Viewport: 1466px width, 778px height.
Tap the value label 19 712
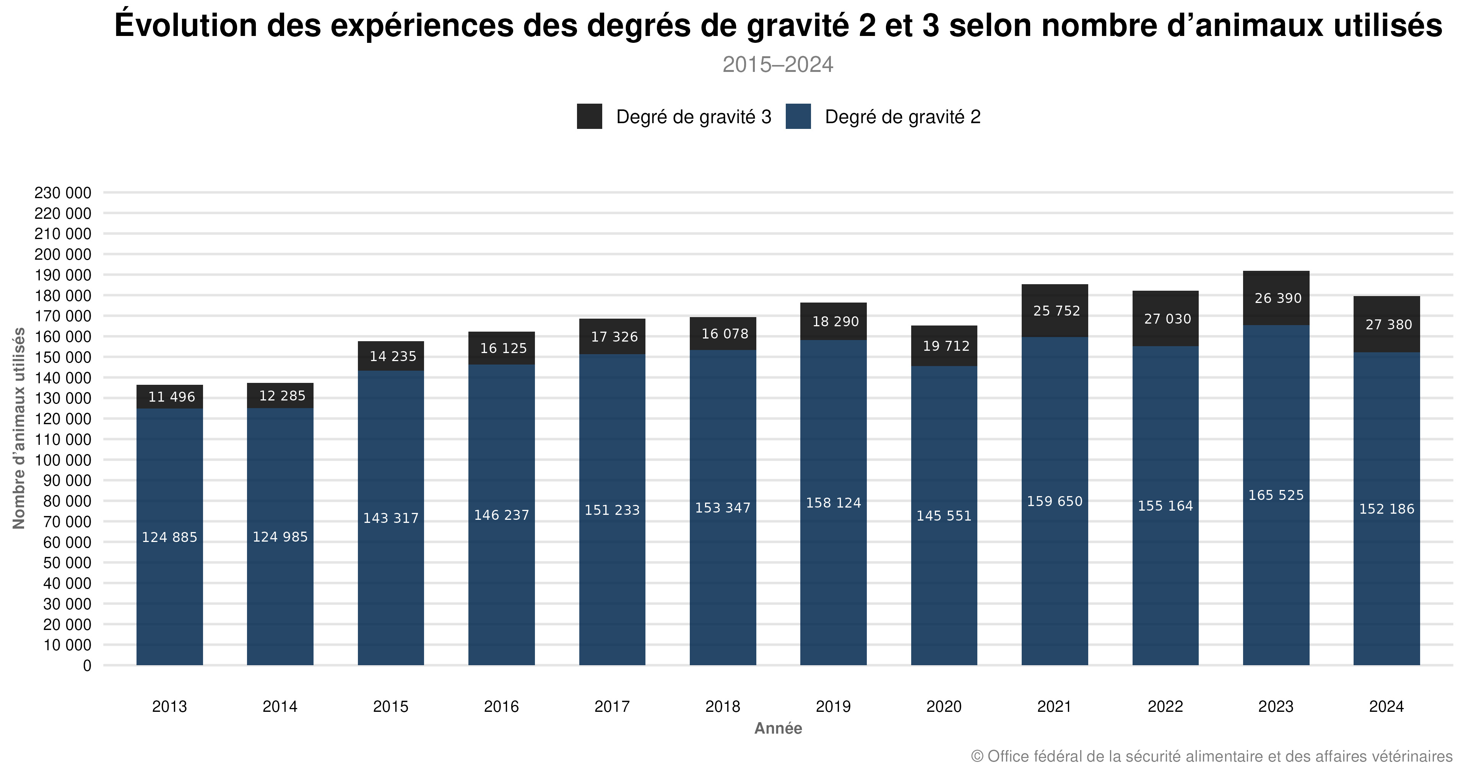pos(946,346)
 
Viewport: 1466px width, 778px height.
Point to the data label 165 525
pos(1276,495)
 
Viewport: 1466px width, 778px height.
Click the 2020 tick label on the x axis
pos(944,706)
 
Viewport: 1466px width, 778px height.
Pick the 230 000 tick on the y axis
pos(63,193)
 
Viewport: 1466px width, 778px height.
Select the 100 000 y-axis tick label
pos(63,460)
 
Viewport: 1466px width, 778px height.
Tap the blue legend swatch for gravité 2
pos(798,116)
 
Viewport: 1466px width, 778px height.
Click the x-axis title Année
pos(778,729)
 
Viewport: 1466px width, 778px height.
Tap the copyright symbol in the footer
pos(977,756)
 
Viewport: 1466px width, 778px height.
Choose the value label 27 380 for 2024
pos(1389,324)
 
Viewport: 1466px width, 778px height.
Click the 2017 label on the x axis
pos(612,706)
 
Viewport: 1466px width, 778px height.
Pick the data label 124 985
pos(280,537)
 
